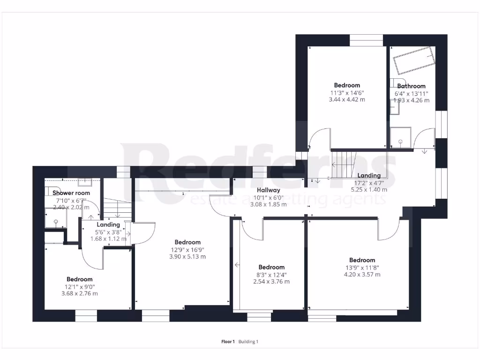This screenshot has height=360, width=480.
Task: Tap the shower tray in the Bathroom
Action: pyautogui.click(x=400, y=137)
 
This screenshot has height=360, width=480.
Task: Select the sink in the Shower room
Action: pyautogui.click(x=85, y=182)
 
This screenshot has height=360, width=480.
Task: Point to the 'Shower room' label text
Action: pyautogui.click(x=71, y=193)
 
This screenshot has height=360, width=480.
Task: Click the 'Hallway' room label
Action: pyautogui.click(x=268, y=190)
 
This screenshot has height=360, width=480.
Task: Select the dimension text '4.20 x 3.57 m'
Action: pyautogui.click(x=362, y=275)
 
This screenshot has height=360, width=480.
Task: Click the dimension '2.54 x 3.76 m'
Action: pyautogui.click(x=271, y=282)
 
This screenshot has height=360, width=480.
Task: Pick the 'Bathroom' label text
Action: pyautogui.click(x=412, y=86)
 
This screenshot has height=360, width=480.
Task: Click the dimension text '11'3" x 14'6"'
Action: pyautogui.click(x=347, y=93)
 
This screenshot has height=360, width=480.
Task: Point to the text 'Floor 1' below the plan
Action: pyautogui.click(x=228, y=342)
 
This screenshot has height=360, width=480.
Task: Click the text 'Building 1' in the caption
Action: pyautogui.click(x=248, y=342)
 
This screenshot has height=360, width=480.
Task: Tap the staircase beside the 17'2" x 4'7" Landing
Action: pyautogui.click(x=344, y=164)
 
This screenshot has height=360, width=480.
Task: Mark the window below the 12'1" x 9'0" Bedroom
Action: pyautogui.click(x=86, y=318)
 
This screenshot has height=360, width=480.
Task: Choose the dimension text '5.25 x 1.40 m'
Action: pyautogui.click(x=369, y=190)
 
